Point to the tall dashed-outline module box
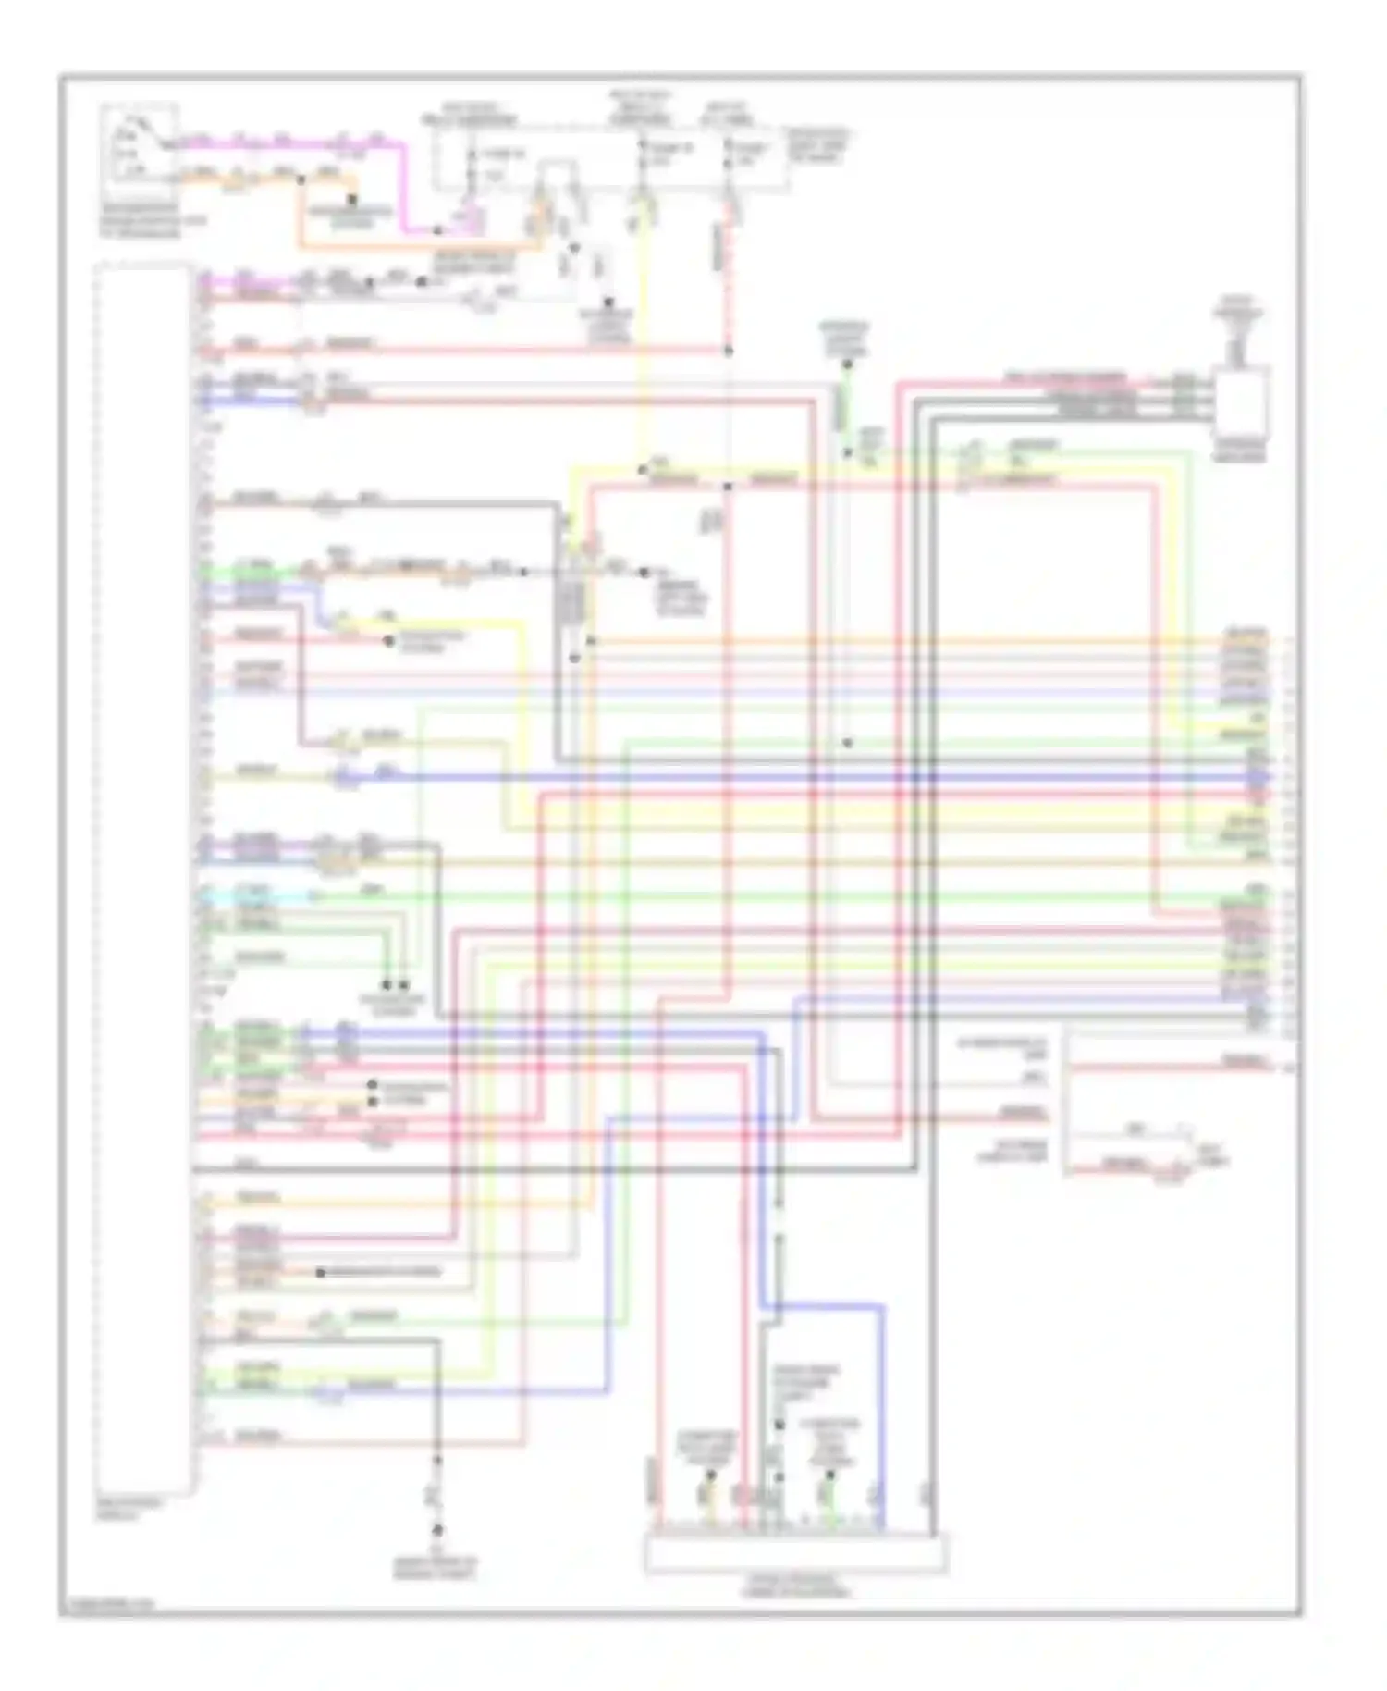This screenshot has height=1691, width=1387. click(x=145, y=879)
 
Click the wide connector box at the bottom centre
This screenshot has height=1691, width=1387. click(x=795, y=1553)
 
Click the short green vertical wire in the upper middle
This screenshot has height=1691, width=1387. click(x=845, y=407)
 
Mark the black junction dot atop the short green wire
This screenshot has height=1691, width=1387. click(x=845, y=364)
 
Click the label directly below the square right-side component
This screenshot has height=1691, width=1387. click(x=1241, y=451)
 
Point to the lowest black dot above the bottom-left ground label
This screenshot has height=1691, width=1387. click(x=437, y=1530)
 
